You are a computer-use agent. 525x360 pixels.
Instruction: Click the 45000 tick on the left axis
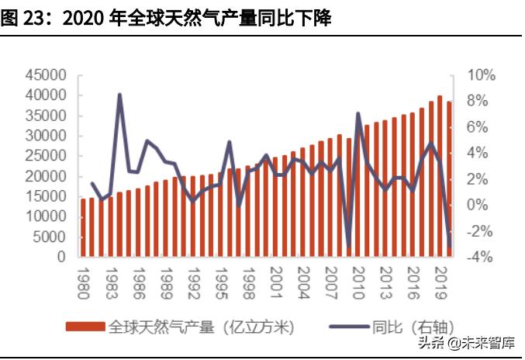tap(47, 75)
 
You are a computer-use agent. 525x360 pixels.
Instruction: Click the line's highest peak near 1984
tap(120, 95)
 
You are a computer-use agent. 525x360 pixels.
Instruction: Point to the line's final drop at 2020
tap(450, 247)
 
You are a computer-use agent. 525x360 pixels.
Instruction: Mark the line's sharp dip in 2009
tap(349, 247)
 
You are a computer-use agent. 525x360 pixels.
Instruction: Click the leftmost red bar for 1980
tap(84, 228)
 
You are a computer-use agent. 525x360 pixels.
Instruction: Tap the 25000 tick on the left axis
tap(47, 156)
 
